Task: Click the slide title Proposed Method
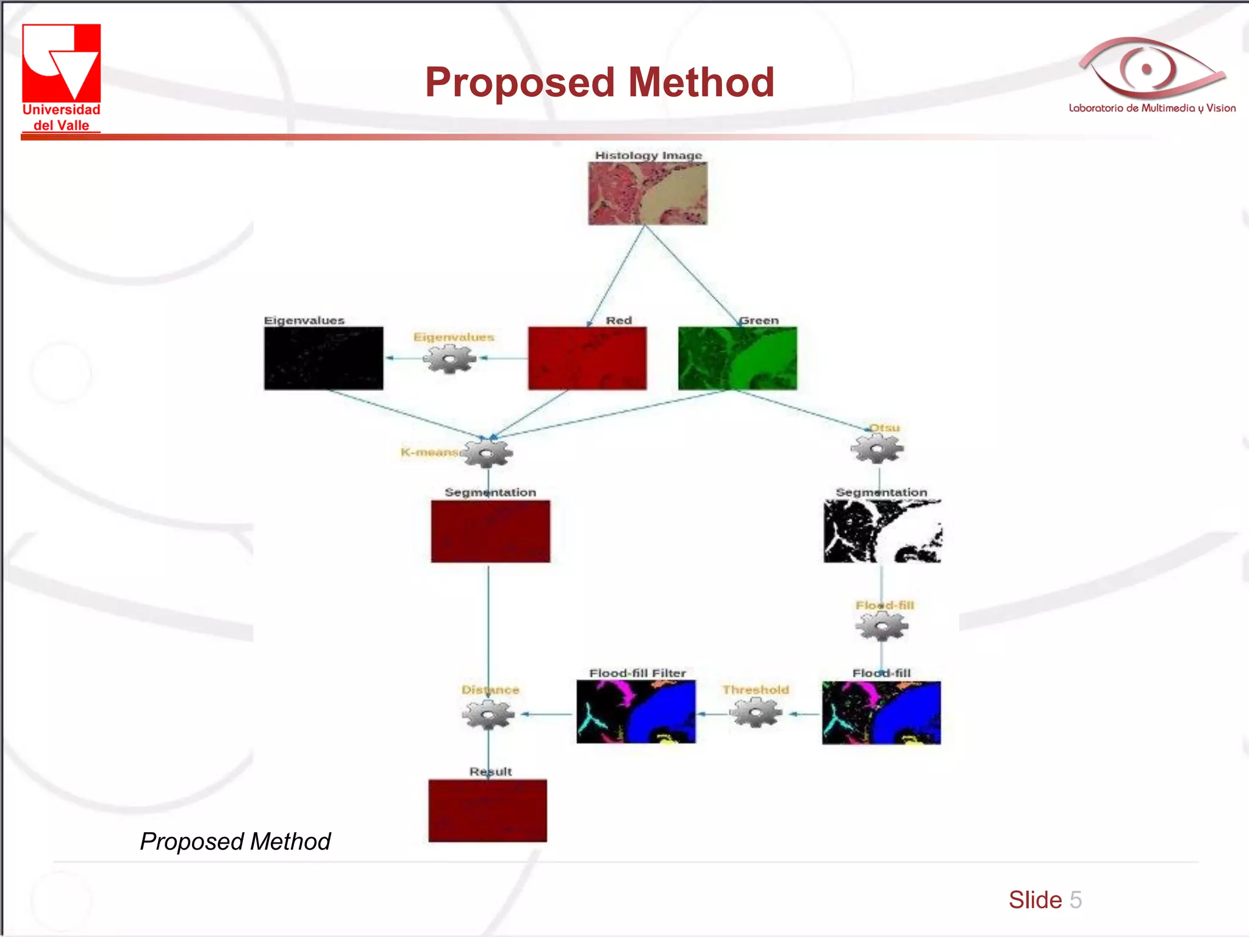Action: [x=599, y=82]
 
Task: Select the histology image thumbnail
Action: [x=648, y=193]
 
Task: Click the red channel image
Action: [x=587, y=358]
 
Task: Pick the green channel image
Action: [x=737, y=358]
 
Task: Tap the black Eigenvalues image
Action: [x=323, y=358]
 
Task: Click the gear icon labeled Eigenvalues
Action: [x=450, y=359]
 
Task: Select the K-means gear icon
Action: [x=487, y=453]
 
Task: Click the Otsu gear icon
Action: [x=877, y=449]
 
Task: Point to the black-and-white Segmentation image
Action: [x=882, y=531]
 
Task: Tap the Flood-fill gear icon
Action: [x=882, y=626]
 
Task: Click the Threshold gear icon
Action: [x=756, y=713]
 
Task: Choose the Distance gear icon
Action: [x=488, y=714]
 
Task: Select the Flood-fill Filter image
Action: [x=635, y=712]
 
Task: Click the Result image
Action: [x=487, y=810]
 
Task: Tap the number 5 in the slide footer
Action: [x=1076, y=900]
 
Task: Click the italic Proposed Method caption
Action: [x=235, y=841]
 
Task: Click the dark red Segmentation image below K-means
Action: [x=490, y=531]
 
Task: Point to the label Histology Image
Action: [x=648, y=156]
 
